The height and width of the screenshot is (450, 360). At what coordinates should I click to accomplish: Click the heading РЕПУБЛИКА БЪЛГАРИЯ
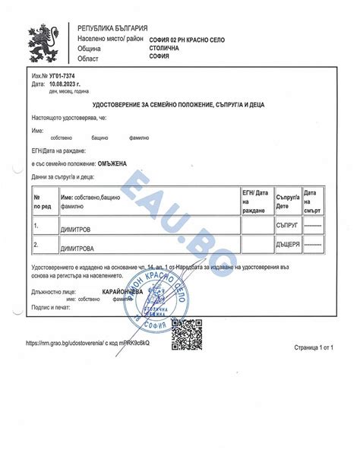112,27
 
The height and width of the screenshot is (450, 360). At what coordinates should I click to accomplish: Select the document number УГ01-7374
62,77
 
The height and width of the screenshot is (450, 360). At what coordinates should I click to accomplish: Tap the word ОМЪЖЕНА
112,163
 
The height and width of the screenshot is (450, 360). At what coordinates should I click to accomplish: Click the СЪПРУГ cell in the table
287,227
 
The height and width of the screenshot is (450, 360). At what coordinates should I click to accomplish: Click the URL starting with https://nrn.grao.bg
87,343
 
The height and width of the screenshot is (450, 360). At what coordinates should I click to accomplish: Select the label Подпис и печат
52,308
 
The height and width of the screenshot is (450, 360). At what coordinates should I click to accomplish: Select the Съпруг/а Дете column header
287,201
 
